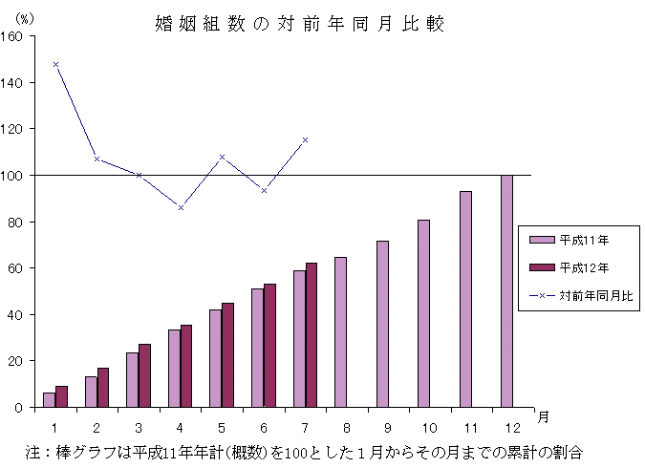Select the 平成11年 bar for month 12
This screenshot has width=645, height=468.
coord(506,291)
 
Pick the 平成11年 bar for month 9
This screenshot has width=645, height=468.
coord(382,324)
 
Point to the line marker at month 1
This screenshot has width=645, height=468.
coord(55,64)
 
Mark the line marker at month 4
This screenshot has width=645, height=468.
coord(181,207)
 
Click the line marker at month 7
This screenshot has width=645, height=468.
coord(305,139)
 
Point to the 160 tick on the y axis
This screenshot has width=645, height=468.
coord(19,36)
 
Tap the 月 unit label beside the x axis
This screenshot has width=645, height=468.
coord(543,416)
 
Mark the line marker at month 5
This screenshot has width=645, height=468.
coord(222,157)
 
